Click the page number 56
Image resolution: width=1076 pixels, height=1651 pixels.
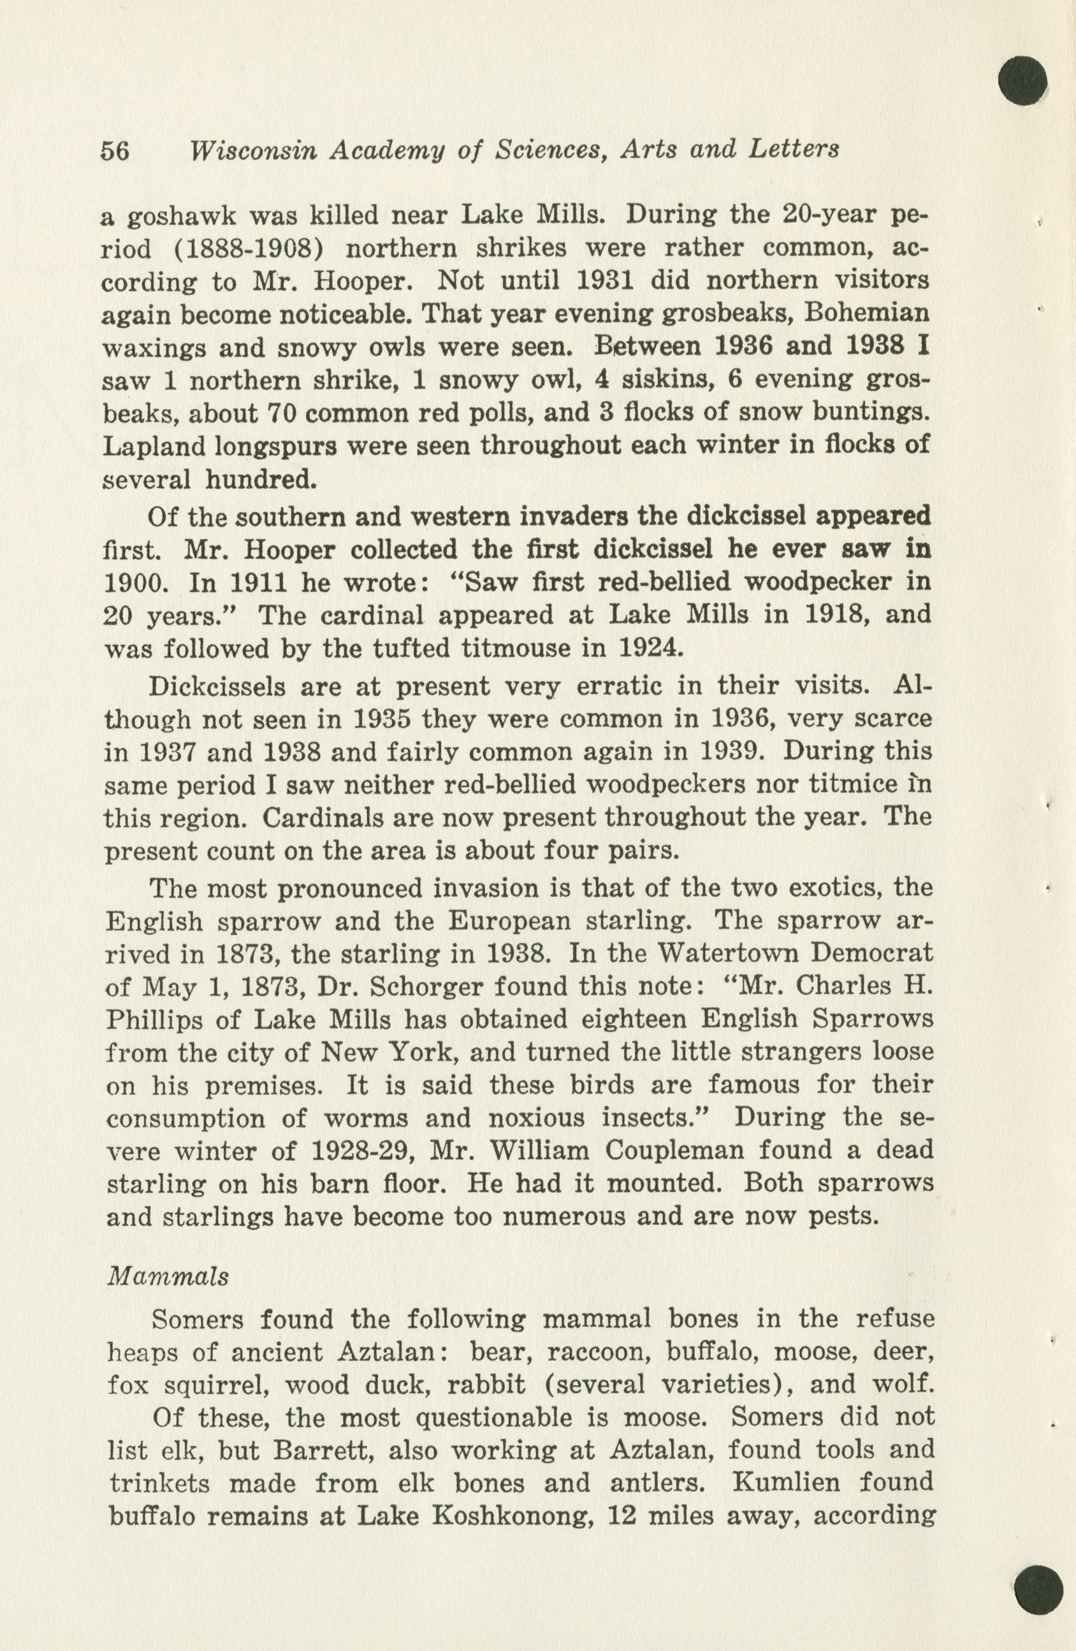click(x=116, y=151)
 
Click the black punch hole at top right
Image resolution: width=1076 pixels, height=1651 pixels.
click(x=1022, y=80)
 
